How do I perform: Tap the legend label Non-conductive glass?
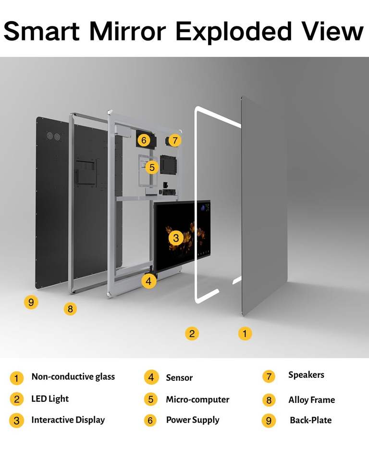tap(73, 377)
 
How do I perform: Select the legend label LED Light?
tap(50, 399)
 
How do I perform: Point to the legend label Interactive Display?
tap(68, 420)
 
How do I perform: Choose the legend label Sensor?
tap(179, 378)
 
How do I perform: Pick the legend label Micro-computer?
tap(197, 399)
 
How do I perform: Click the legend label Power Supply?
tap(193, 420)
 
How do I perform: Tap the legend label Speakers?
tap(306, 375)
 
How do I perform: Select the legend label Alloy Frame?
tap(311, 400)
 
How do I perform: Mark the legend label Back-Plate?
tap(310, 420)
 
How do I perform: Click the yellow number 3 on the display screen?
tap(176, 237)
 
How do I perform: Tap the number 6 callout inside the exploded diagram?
tap(143, 140)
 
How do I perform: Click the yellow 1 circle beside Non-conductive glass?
tap(16, 378)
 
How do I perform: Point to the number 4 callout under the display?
tap(149, 281)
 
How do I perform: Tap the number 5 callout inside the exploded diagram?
tap(152, 167)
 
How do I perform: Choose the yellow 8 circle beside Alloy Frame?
tap(269, 400)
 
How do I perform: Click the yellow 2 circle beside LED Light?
tap(16, 399)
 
